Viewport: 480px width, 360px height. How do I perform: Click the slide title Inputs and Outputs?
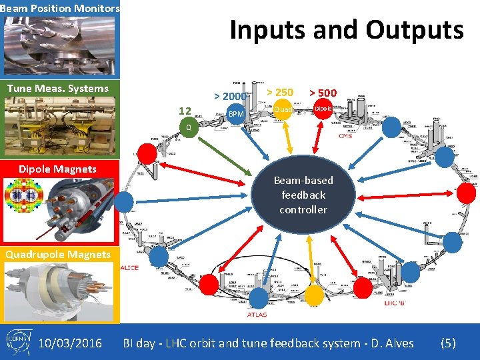346,30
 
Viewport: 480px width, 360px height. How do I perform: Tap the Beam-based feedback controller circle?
303,195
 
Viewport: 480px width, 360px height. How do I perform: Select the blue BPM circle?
236,114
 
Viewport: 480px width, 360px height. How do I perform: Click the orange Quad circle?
283,109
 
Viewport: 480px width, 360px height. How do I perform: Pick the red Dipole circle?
323,108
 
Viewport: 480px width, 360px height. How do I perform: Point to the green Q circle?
189,127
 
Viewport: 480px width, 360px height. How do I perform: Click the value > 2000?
231,97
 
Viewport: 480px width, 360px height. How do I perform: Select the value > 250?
280,93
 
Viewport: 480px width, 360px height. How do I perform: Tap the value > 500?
323,93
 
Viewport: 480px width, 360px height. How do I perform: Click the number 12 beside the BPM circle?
185,111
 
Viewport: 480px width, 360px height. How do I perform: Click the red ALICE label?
129,267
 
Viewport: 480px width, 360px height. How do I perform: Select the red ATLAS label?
257,314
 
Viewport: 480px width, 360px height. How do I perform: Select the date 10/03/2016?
70,343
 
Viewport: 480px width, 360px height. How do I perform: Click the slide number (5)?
448,343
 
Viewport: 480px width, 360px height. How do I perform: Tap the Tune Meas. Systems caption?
58,89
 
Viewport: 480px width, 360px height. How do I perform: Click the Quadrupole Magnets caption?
58,254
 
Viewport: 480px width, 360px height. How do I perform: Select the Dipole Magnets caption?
58,169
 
